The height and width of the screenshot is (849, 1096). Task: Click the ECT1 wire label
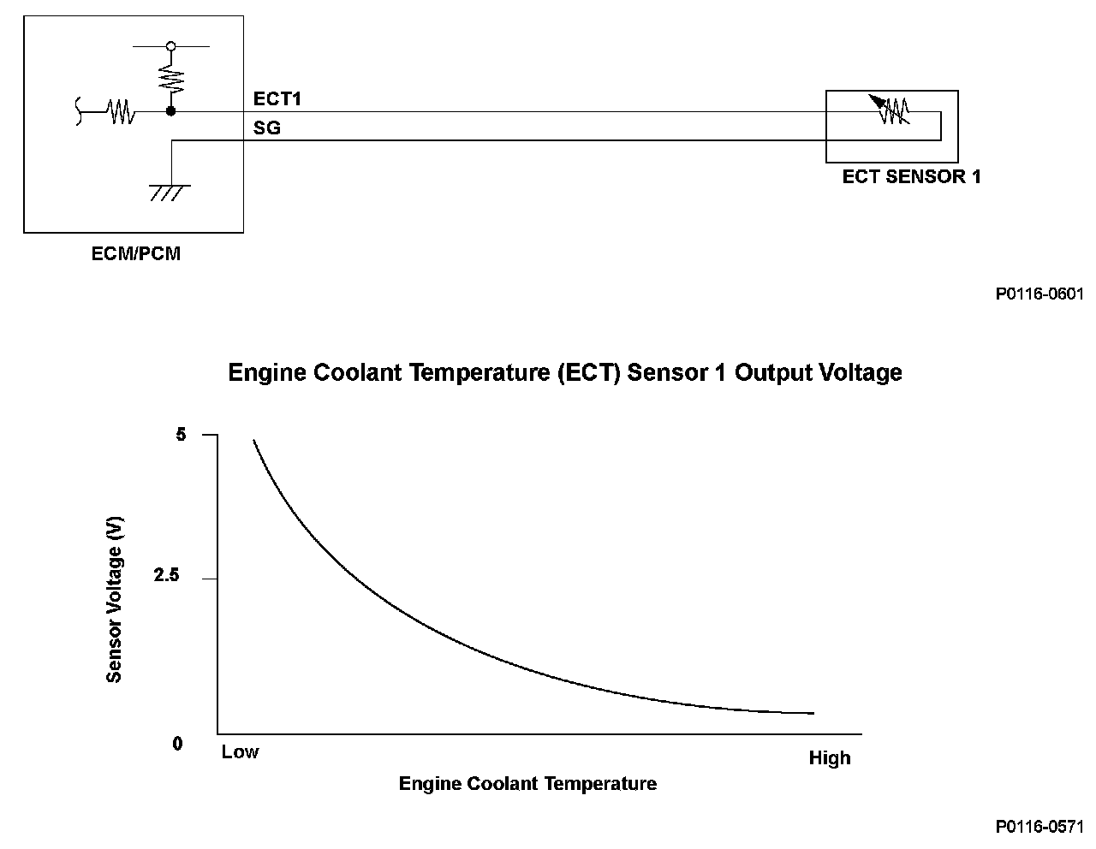277,99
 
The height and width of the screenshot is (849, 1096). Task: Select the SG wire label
266,129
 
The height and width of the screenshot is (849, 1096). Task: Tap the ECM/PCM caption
136,254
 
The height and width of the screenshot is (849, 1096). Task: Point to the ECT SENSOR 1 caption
911,177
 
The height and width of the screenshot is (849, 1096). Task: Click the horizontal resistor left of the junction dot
121,111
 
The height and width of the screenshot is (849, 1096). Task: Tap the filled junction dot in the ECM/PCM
171,111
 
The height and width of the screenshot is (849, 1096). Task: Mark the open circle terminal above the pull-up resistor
171,46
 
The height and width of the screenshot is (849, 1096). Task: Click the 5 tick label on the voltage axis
181,435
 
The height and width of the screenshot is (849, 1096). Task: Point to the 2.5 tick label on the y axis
167,576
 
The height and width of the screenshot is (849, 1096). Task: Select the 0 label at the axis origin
178,744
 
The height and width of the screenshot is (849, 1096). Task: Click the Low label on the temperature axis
240,752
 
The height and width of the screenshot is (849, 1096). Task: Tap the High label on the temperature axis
830,758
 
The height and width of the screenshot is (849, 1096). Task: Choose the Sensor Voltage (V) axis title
115,599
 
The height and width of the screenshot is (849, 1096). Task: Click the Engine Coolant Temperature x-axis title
527,784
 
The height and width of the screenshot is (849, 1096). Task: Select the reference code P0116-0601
1039,294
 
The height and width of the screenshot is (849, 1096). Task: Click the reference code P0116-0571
1039,827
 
